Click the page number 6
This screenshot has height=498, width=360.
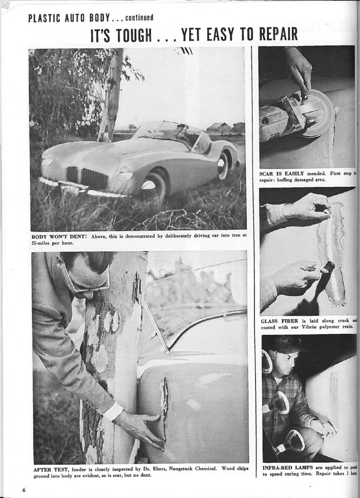tap(23, 489)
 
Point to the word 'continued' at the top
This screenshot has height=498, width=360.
tap(139, 18)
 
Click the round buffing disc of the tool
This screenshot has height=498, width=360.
tap(317, 113)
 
